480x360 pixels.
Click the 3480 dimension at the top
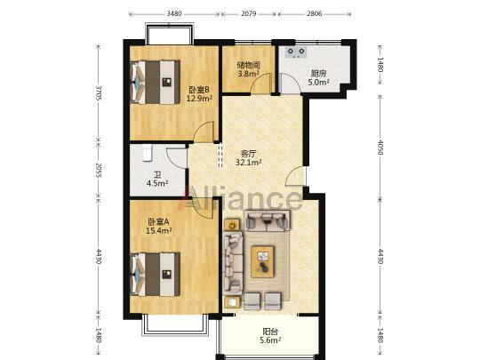[174, 13]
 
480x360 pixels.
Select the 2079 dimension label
[249, 13]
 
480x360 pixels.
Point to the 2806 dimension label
[315, 13]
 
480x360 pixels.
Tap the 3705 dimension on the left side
[99, 92]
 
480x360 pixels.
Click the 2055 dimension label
[99, 170]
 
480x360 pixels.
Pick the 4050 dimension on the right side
[380, 148]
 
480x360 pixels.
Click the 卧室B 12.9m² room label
[199, 94]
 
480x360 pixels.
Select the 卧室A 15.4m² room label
[158, 226]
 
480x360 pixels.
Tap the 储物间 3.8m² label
[248, 69]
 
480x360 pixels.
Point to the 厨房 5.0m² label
[318, 77]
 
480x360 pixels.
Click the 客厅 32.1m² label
[248, 158]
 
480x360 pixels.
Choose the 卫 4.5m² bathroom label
[157, 179]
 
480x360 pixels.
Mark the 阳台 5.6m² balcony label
[270, 336]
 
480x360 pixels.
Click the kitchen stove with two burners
[296, 52]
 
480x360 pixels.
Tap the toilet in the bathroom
[148, 153]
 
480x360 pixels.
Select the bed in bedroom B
[155, 83]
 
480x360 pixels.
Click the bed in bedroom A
[155, 275]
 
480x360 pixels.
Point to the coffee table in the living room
[262, 261]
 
